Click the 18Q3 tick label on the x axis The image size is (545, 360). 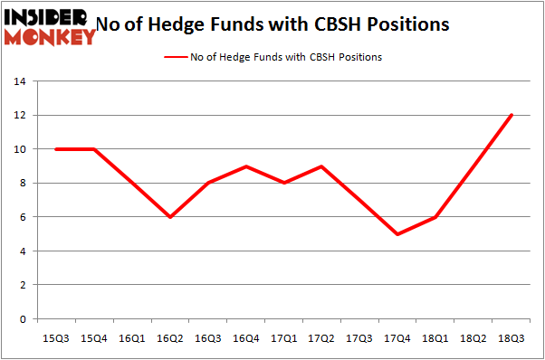click(512, 337)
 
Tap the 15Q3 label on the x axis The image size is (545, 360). click(56, 337)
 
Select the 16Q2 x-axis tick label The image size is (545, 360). click(169, 337)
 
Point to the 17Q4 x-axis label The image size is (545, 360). click(397, 337)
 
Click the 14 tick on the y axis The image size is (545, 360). click(18, 81)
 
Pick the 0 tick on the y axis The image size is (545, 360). click(22, 319)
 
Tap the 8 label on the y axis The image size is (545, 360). click(22, 184)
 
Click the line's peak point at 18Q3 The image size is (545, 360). click(512, 115)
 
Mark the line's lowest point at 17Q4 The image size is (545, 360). click(397, 234)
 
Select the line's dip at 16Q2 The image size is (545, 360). click(169, 217)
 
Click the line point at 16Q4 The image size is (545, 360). click(245, 166)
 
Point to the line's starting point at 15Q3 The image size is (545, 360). click(56, 149)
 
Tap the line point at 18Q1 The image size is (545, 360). click(435, 217)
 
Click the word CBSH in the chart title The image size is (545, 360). click(349, 24)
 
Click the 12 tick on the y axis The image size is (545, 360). click(18, 116)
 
